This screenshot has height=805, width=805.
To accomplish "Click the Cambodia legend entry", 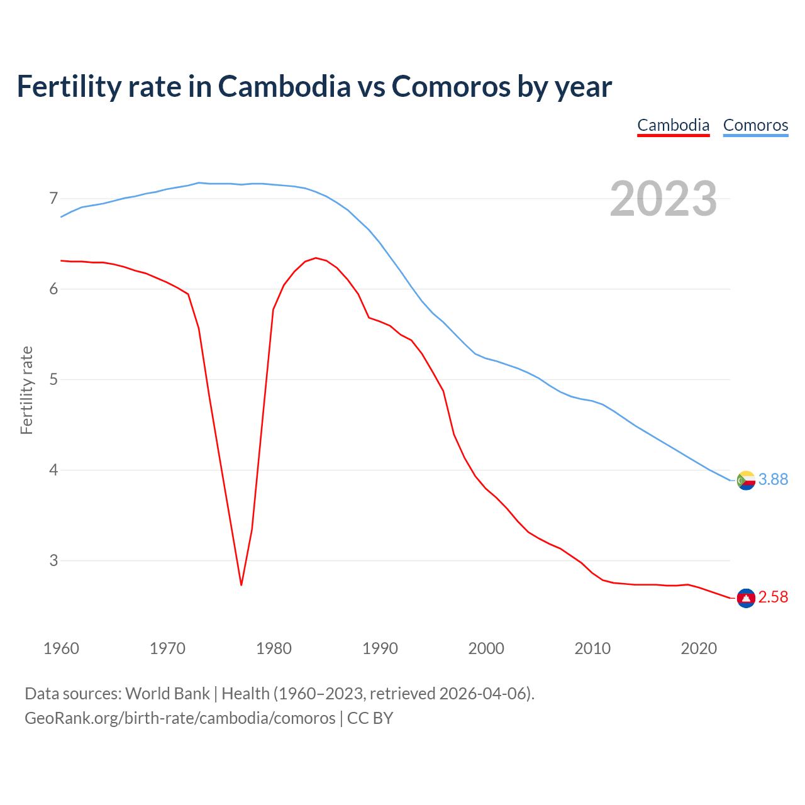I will [x=673, y=125].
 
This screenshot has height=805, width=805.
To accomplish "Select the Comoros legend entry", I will [x=755, y=125].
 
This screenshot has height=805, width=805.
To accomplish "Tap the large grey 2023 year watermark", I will [x=663, y=199].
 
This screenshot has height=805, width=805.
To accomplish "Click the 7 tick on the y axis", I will [x=53, y=199].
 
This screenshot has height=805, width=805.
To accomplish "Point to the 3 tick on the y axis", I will [x=53, y=560].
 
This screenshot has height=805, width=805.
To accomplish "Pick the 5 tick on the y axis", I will [x=53, y=380].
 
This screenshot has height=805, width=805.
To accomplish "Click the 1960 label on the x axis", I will [x=61, y=648].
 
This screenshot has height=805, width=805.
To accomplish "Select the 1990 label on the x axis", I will [x=380, y=648].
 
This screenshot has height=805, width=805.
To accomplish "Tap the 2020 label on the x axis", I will [x=699, y=648].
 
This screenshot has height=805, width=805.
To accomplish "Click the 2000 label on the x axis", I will [x=486, y=648].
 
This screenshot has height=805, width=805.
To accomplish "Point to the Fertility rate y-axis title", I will [x=26, y=390].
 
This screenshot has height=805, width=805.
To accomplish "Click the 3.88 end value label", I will [x=773, y=480].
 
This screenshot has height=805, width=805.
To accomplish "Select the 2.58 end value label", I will [x=773, y=597].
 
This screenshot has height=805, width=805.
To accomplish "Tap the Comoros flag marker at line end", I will [x=746, y=480].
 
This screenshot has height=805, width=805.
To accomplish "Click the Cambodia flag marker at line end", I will [x=746, y=598].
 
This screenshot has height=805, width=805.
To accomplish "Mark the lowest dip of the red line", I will [x=241, y=585].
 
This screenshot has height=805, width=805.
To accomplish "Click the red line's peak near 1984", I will [x=316, y=258].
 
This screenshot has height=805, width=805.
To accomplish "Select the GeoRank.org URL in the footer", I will [x=180, y=718].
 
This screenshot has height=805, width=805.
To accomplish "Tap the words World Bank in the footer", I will [x=167, y=694].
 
